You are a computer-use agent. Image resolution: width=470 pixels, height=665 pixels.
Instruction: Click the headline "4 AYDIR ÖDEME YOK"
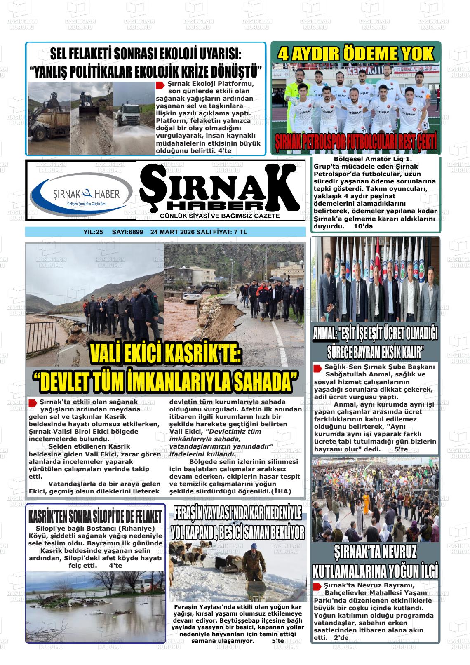(356, 54)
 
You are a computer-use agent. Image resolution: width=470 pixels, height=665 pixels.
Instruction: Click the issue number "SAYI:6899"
(127, 232)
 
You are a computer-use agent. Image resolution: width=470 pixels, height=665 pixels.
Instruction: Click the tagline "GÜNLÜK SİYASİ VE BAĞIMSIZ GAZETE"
(220, 216)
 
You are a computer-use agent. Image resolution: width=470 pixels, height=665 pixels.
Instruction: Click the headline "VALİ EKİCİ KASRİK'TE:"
(165, 354)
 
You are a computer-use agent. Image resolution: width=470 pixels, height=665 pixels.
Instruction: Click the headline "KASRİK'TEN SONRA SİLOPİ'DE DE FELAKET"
(95, 516)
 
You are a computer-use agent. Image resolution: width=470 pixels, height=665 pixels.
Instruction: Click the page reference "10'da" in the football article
(363, 226)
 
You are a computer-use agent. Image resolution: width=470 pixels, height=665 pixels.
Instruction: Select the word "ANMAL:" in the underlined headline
(324, 334)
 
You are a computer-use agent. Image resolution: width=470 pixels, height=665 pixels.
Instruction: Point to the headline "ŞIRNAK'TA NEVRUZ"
(375, 552)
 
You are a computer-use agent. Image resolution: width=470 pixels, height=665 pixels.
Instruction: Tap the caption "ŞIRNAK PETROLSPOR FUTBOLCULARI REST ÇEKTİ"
(356, 143)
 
